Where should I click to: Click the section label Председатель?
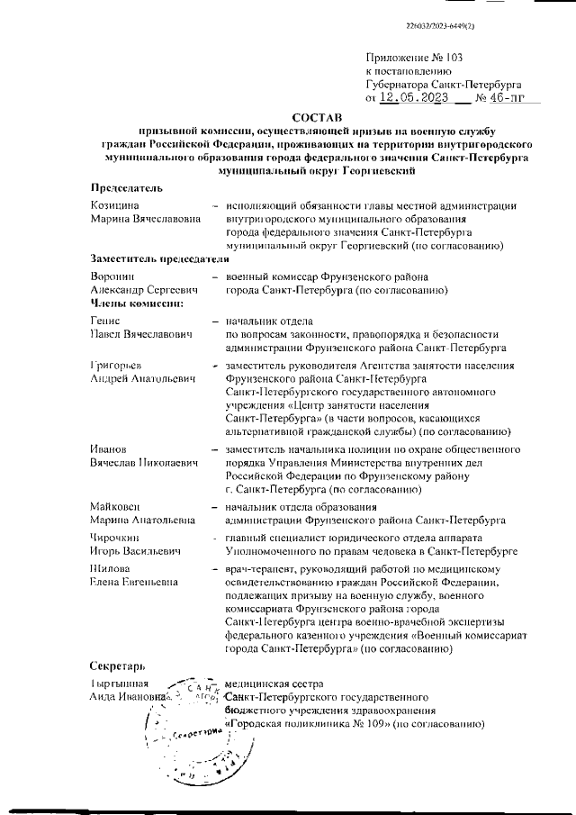click(x=127, y=187)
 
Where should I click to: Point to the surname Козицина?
click(x=114, y=205)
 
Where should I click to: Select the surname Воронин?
click(x=112, y=276)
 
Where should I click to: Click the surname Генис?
click(x=106, y=321)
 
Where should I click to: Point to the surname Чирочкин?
click(x=116, y=536)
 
